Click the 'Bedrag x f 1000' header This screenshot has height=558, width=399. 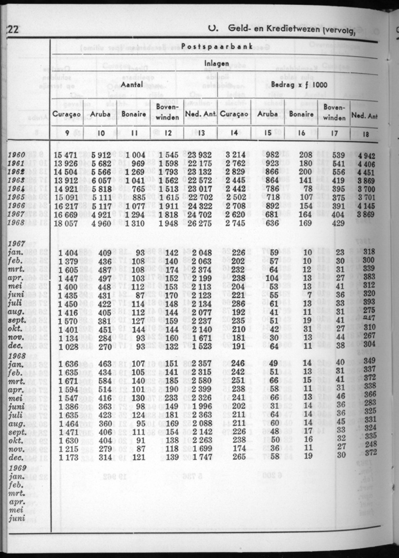299,85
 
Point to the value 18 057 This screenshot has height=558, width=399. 65,222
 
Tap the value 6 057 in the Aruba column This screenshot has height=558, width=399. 101,180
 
